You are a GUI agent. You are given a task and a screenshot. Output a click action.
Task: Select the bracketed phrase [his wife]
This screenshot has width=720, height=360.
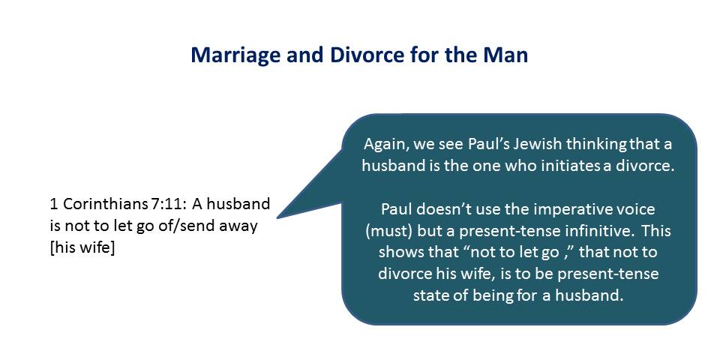click(x=82, y=248)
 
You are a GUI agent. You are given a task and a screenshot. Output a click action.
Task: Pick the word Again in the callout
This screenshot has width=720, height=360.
click(x=385, y=145)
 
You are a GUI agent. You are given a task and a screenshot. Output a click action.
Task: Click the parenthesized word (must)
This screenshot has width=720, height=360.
click(x=389, y=231)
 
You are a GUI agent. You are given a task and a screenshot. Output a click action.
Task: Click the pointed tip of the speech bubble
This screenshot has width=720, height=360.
click(x=277, y=217)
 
